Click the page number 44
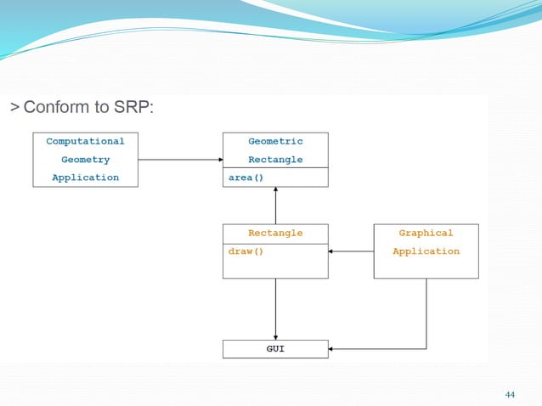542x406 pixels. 510,394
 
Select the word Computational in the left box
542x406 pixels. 85,141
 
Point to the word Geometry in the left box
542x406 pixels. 85,160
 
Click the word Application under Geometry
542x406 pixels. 85,178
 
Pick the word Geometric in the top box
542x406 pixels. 275,141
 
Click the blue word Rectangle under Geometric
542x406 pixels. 275,160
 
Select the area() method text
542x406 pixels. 246,178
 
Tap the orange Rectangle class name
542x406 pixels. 275,233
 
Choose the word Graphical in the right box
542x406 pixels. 426,233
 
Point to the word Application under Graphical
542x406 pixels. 426,251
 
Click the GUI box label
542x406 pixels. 275,349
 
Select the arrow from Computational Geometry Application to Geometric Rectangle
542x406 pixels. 180,160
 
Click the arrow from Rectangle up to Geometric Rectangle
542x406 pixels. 275,206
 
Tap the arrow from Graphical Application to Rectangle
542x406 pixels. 351,251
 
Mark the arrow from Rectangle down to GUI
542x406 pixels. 275,309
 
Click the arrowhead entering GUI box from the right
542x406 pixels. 332,349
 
